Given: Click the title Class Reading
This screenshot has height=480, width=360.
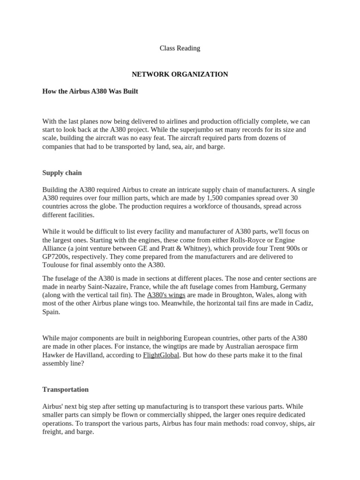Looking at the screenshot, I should point(180,48).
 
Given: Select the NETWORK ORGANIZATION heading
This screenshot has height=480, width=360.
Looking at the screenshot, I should point(180,74).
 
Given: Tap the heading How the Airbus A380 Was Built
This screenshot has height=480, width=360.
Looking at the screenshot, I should point(90,91).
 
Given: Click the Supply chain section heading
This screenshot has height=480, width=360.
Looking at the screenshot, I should point(62,173).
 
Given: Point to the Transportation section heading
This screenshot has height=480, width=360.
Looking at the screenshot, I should point(65,390).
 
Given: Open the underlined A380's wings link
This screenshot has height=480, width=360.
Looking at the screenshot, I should point(166,295).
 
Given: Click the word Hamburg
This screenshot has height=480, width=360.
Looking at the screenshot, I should point(263,286).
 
